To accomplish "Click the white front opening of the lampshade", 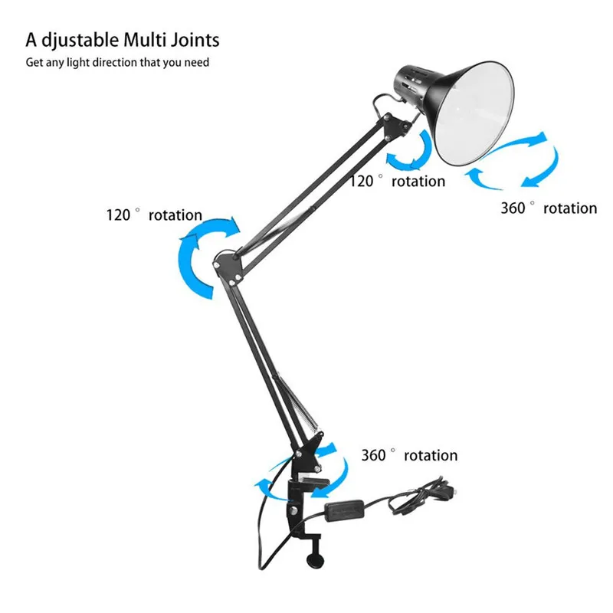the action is (x=474, y=113).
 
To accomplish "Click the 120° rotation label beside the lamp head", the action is (x=397, y=181).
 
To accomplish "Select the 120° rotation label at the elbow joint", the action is (x=154, y=215).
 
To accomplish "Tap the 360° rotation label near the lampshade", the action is (x=549, y=208).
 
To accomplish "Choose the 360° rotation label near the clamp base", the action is (x=409, y=455).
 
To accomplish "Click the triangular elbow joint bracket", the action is (x=228, y=266).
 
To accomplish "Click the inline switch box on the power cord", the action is (x=344, y=510).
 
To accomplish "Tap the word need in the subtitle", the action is (x=197, y=63).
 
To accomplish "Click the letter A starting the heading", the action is (x=31, y=40).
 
